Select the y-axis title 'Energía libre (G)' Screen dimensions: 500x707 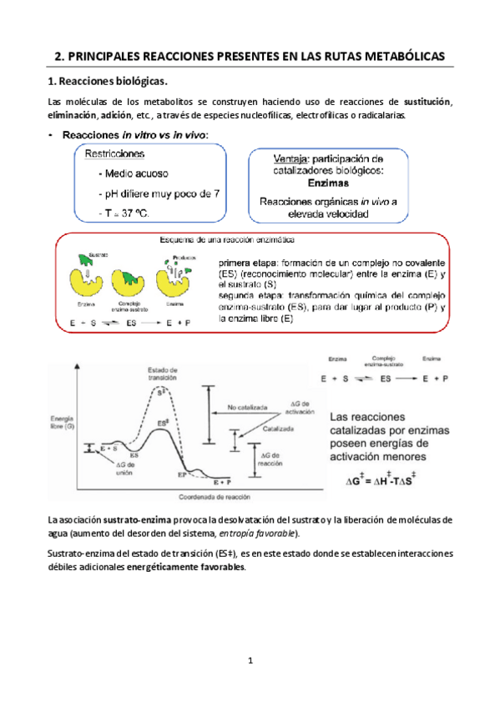pos(61,421)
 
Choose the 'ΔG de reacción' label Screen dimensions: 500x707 pos(275,459)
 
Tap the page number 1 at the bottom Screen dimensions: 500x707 pos(250,662)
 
